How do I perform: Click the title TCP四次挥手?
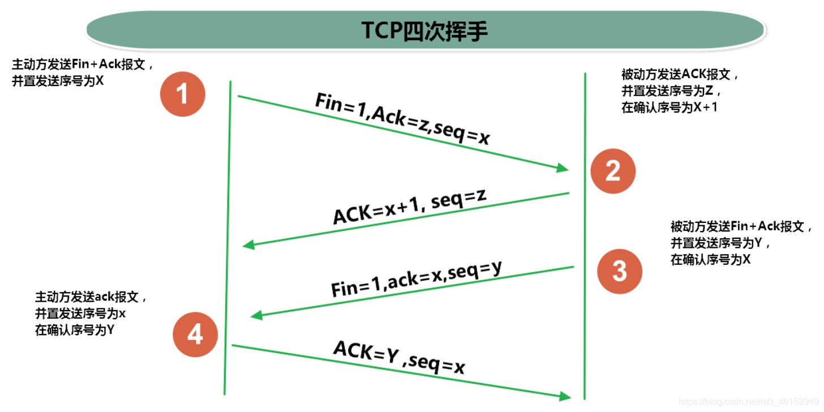425,30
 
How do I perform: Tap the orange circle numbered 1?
183,94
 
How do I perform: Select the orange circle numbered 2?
613,171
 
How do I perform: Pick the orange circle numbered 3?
620,272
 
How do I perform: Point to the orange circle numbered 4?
195,334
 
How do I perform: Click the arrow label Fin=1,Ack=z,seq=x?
403,118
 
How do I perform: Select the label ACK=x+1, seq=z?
409,207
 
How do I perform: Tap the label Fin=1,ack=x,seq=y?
417,279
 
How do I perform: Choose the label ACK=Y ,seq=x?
399,357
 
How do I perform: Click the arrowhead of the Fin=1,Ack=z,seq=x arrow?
564,169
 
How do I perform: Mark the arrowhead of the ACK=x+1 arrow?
248,244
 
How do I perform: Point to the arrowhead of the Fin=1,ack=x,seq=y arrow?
256,315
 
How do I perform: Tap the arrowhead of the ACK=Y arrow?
565,396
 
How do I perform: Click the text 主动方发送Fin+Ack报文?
78,65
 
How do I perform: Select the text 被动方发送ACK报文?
676,74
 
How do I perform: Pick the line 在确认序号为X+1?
669,108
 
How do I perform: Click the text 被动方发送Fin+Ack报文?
737,226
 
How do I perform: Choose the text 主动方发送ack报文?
87,297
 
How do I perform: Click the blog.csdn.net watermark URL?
749,402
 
